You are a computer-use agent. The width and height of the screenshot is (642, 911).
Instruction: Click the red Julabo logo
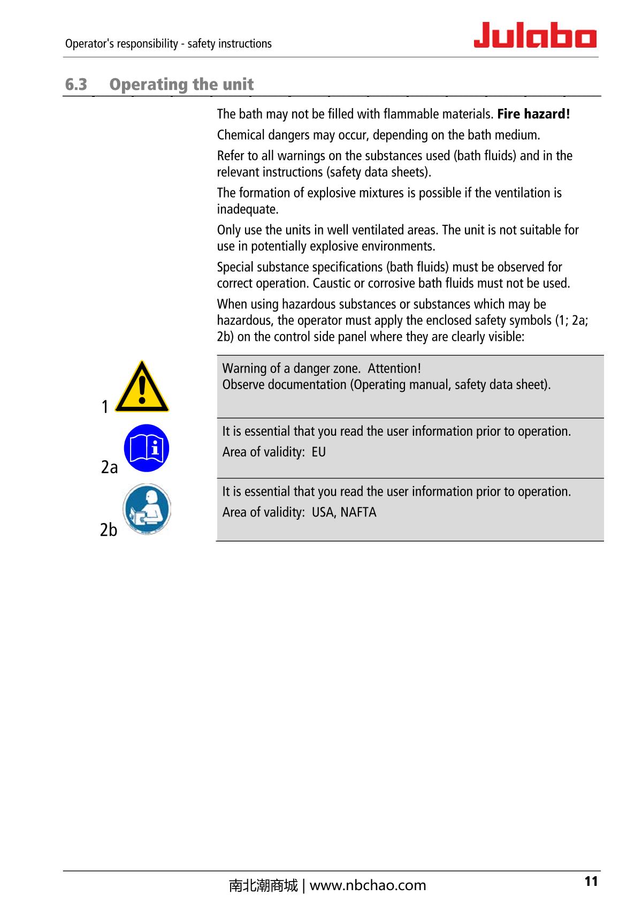[x=535, y=35]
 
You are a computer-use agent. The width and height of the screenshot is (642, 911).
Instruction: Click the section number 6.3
[x=76, y=85]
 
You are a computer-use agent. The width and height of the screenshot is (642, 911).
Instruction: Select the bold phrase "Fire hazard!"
[x=533, y=114]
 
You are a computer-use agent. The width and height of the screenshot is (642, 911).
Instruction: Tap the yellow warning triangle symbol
[x=142, y=387]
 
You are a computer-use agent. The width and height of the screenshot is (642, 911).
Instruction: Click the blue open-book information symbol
[x=147, y=449]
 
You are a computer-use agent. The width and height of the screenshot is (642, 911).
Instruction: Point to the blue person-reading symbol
[x=147, y=508]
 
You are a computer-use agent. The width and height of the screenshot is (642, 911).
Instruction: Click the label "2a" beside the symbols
[x=109, y=467]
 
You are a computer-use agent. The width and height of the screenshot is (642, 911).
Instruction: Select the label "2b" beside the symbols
[x=109, y=529]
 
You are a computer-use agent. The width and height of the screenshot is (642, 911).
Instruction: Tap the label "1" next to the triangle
[x=105, y=407]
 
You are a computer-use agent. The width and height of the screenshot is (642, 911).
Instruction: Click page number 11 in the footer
[x=591, y=882]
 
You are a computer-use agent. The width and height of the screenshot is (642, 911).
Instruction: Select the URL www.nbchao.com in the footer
[x=368, y=886]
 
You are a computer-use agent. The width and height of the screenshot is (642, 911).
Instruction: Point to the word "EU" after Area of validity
[x=318, y=452]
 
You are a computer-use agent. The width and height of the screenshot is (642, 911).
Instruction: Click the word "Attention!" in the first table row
[x=394, y=368]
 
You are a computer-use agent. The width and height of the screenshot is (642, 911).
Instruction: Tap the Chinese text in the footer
[x=263, y=886]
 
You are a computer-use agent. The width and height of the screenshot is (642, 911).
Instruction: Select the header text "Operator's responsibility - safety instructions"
[x=168, y=44]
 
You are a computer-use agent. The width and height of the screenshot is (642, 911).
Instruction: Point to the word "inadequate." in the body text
[x=248, y=209]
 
